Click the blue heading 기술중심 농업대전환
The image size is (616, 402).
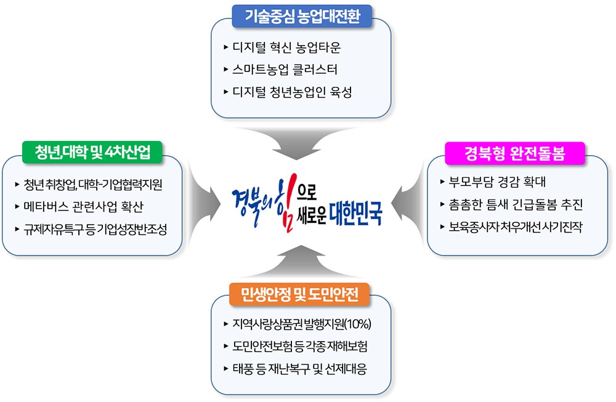point(302,17)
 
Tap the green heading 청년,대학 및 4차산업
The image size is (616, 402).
point(92,152)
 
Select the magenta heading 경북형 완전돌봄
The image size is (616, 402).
point(514,153)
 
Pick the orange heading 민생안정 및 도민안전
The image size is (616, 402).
point(299,294)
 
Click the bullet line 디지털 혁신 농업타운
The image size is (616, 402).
point(286,47)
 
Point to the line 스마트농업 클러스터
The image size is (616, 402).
point(285,70)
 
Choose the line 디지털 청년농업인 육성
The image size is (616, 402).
point(292,92)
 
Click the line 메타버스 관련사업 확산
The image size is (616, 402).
point(83,206)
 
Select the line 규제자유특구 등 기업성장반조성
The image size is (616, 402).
point(95,229)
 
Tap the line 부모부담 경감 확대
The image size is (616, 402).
point(497,182)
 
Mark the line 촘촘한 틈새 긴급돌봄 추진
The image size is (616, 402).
point(516,204)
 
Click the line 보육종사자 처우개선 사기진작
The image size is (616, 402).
point(516,227)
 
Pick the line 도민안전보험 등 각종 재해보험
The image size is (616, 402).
point(300,346)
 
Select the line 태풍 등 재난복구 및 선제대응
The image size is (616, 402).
point(300,369)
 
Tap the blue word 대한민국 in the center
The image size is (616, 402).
point(355,214)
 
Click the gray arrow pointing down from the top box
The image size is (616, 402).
point(297,146)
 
